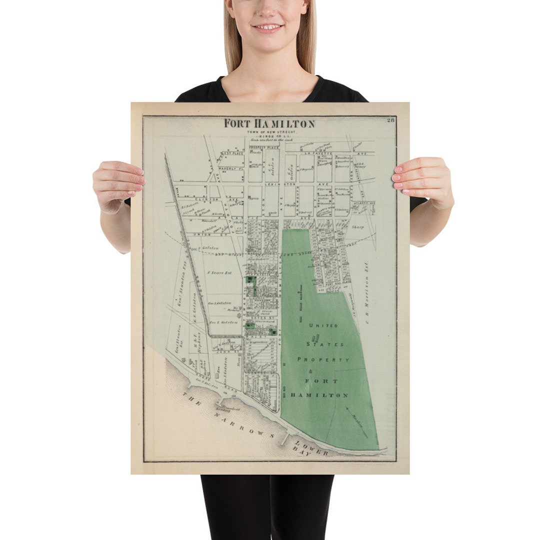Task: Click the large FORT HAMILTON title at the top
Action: coord(269,123)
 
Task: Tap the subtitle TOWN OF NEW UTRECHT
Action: coord(270,131)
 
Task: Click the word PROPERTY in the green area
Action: coord(323,359)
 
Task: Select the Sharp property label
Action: coord(357,227)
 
